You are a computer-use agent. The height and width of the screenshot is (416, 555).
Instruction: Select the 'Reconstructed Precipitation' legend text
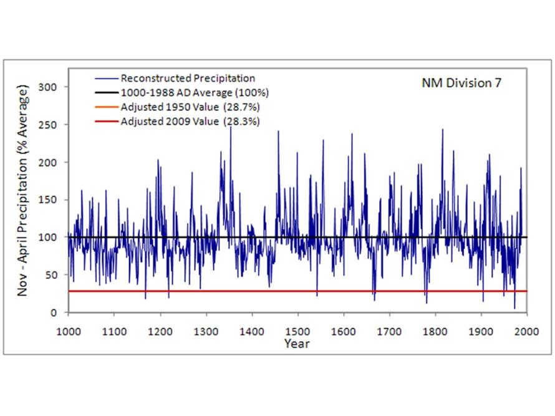188,79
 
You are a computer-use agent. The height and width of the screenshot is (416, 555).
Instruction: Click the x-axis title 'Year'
297,343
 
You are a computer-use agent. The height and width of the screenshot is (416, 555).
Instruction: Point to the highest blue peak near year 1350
230,127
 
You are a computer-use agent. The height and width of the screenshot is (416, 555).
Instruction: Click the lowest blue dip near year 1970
514,307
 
